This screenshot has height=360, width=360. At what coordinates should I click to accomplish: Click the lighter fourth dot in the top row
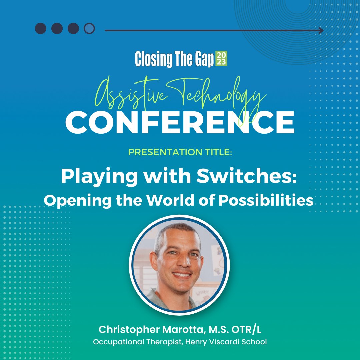[x=89, y=29]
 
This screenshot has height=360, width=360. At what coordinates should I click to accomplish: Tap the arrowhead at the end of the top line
[x=321, y=31]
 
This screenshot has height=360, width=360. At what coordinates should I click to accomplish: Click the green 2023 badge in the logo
[x=221, y=58]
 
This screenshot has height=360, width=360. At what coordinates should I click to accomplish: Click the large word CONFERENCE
[x=180, y=122]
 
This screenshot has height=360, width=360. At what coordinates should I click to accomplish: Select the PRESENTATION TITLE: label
[x=180, y=152]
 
